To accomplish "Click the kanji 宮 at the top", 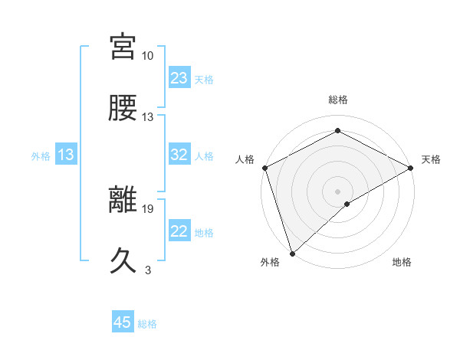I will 124,47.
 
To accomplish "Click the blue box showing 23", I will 179,78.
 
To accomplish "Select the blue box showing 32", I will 179,155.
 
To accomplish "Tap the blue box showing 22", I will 179,231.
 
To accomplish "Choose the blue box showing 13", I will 65,155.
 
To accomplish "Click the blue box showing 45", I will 123,322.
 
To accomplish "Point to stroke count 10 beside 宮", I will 148,56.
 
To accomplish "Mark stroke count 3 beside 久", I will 148,270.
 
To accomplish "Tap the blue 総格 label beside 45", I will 147,324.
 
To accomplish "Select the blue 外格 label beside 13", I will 41,156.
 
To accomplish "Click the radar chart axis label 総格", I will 337,100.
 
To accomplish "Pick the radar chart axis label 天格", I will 431,159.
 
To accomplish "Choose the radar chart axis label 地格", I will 402,262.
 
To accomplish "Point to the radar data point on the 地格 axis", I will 347,204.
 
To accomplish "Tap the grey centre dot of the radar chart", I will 337,191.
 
